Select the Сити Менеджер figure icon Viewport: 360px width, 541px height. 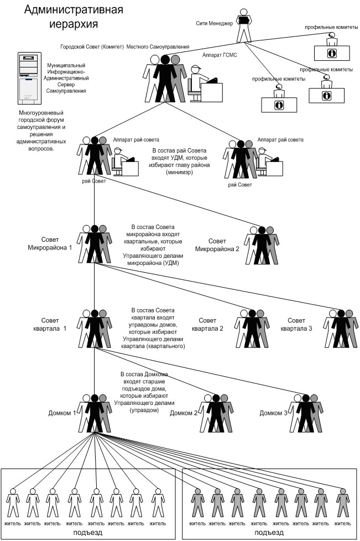[x=243, y=27]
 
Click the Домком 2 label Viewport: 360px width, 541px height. [x=184, y=413]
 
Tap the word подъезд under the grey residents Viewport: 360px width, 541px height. [x=269, y=533]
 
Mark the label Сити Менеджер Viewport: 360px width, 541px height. [x=215, y=23]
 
